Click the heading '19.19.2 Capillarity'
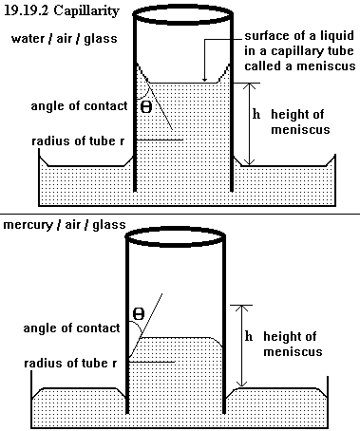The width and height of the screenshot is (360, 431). [x=62, y=10]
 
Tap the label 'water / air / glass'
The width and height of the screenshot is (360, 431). [x=65, y=39]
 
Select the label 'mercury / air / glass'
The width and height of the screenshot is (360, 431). [x=65, y=225]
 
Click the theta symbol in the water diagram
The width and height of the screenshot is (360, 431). [x=146, y=107]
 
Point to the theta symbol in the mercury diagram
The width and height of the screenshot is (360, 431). [x=139, y=314]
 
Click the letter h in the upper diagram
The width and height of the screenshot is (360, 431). [x=256, y=114]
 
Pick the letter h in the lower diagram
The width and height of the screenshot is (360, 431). [x=249, y=336]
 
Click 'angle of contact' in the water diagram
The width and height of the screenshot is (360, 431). [x=79, y=106]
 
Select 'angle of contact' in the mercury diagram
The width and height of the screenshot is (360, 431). [x=71, y=328]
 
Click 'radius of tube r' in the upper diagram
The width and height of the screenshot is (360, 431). [x=78, y=141]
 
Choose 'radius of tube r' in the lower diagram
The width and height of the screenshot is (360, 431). [x=70, y=364]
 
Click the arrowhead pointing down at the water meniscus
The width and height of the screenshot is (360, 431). [x=205, y=80]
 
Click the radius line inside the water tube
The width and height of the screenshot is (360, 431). [x=160, y=140]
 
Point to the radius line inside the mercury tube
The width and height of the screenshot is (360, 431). [x=152, y=362]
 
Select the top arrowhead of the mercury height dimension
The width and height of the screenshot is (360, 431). [x=241, y=308]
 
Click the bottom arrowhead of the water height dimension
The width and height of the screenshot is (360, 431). [x=250, y=162]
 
